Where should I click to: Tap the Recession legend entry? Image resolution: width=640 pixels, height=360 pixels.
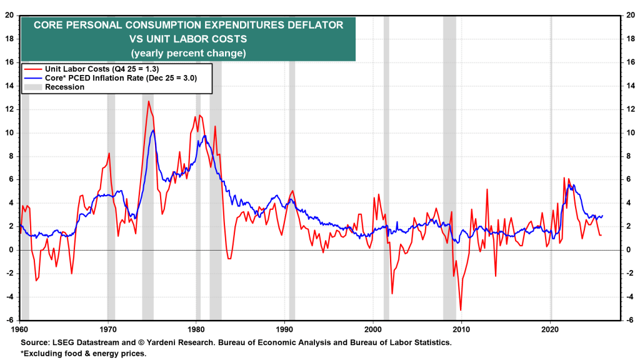[x=64, y=87]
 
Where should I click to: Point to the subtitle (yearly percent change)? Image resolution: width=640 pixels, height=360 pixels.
[x=188, y=53]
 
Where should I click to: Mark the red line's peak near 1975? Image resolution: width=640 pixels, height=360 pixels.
[x=149, y=101]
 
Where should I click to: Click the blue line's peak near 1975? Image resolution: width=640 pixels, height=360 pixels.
[x=153, y=130]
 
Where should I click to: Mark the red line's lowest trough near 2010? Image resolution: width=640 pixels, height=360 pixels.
[x=461, y=310]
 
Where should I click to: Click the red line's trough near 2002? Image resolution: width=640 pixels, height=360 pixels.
[x=392, y=293]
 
